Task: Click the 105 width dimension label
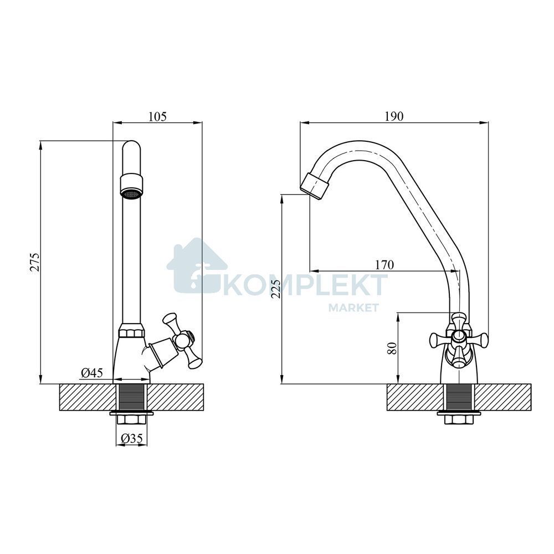[157, 116]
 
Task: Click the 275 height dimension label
[34, 262]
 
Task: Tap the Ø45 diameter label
[92, 372]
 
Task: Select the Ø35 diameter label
[131, 438]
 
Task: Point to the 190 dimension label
[394, 116]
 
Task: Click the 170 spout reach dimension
[384, 265]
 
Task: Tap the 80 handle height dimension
[392, 348]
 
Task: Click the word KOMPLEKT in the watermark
[304, 285]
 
